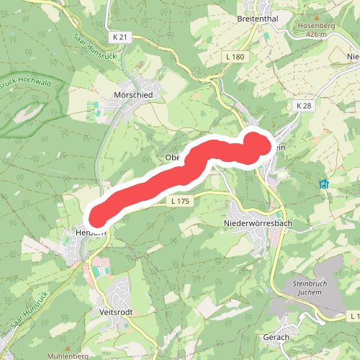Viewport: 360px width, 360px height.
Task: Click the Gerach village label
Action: pyautogui.click(x=276, y=337)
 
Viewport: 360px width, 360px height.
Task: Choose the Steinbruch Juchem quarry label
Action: pyautogui.click(x=314, y=287)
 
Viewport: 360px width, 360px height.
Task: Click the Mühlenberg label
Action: pyautogui.click(x=66, y=356)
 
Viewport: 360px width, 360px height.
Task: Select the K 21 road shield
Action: pyautogui.click(x=120, y=37)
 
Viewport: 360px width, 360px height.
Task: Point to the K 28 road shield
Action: pyautogui.click(x=303, y=106)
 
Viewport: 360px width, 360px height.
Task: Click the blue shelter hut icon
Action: pyautogui.click(x=324, y=184)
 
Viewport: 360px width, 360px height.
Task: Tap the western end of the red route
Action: pyautogui.click(x=97, y=215)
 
